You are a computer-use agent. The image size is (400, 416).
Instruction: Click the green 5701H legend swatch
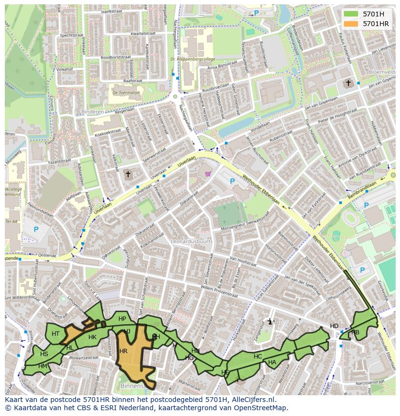click(x=352, y=14)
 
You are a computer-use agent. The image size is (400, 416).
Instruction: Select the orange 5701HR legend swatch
click(x=352, y=23)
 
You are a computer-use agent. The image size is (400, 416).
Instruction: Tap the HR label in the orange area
click(x=123, y=351)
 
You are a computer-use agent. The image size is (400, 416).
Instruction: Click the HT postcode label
click(x=56, y=334)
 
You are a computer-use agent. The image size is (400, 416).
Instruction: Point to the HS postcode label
click(x=44, y=354)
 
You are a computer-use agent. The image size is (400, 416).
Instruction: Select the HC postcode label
click(x=257, y=357)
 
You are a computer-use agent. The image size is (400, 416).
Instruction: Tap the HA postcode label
click(x=272, y=362)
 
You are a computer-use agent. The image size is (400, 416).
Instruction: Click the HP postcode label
click(x=122, y=319)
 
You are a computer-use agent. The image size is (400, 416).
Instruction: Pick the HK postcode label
click(x=92, y=337)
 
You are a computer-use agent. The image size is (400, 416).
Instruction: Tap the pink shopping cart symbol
click(x=208, y=174)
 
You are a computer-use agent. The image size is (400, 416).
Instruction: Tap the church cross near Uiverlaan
click(x=128, y=174)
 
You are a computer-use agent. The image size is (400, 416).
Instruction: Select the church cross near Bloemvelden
click(x=348, y=83)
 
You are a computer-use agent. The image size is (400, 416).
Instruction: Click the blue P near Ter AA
click(x=36, y=230)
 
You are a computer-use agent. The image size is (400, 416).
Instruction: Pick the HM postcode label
click(x=43, y=366)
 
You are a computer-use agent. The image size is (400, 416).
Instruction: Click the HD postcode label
click(x=334, y=326)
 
